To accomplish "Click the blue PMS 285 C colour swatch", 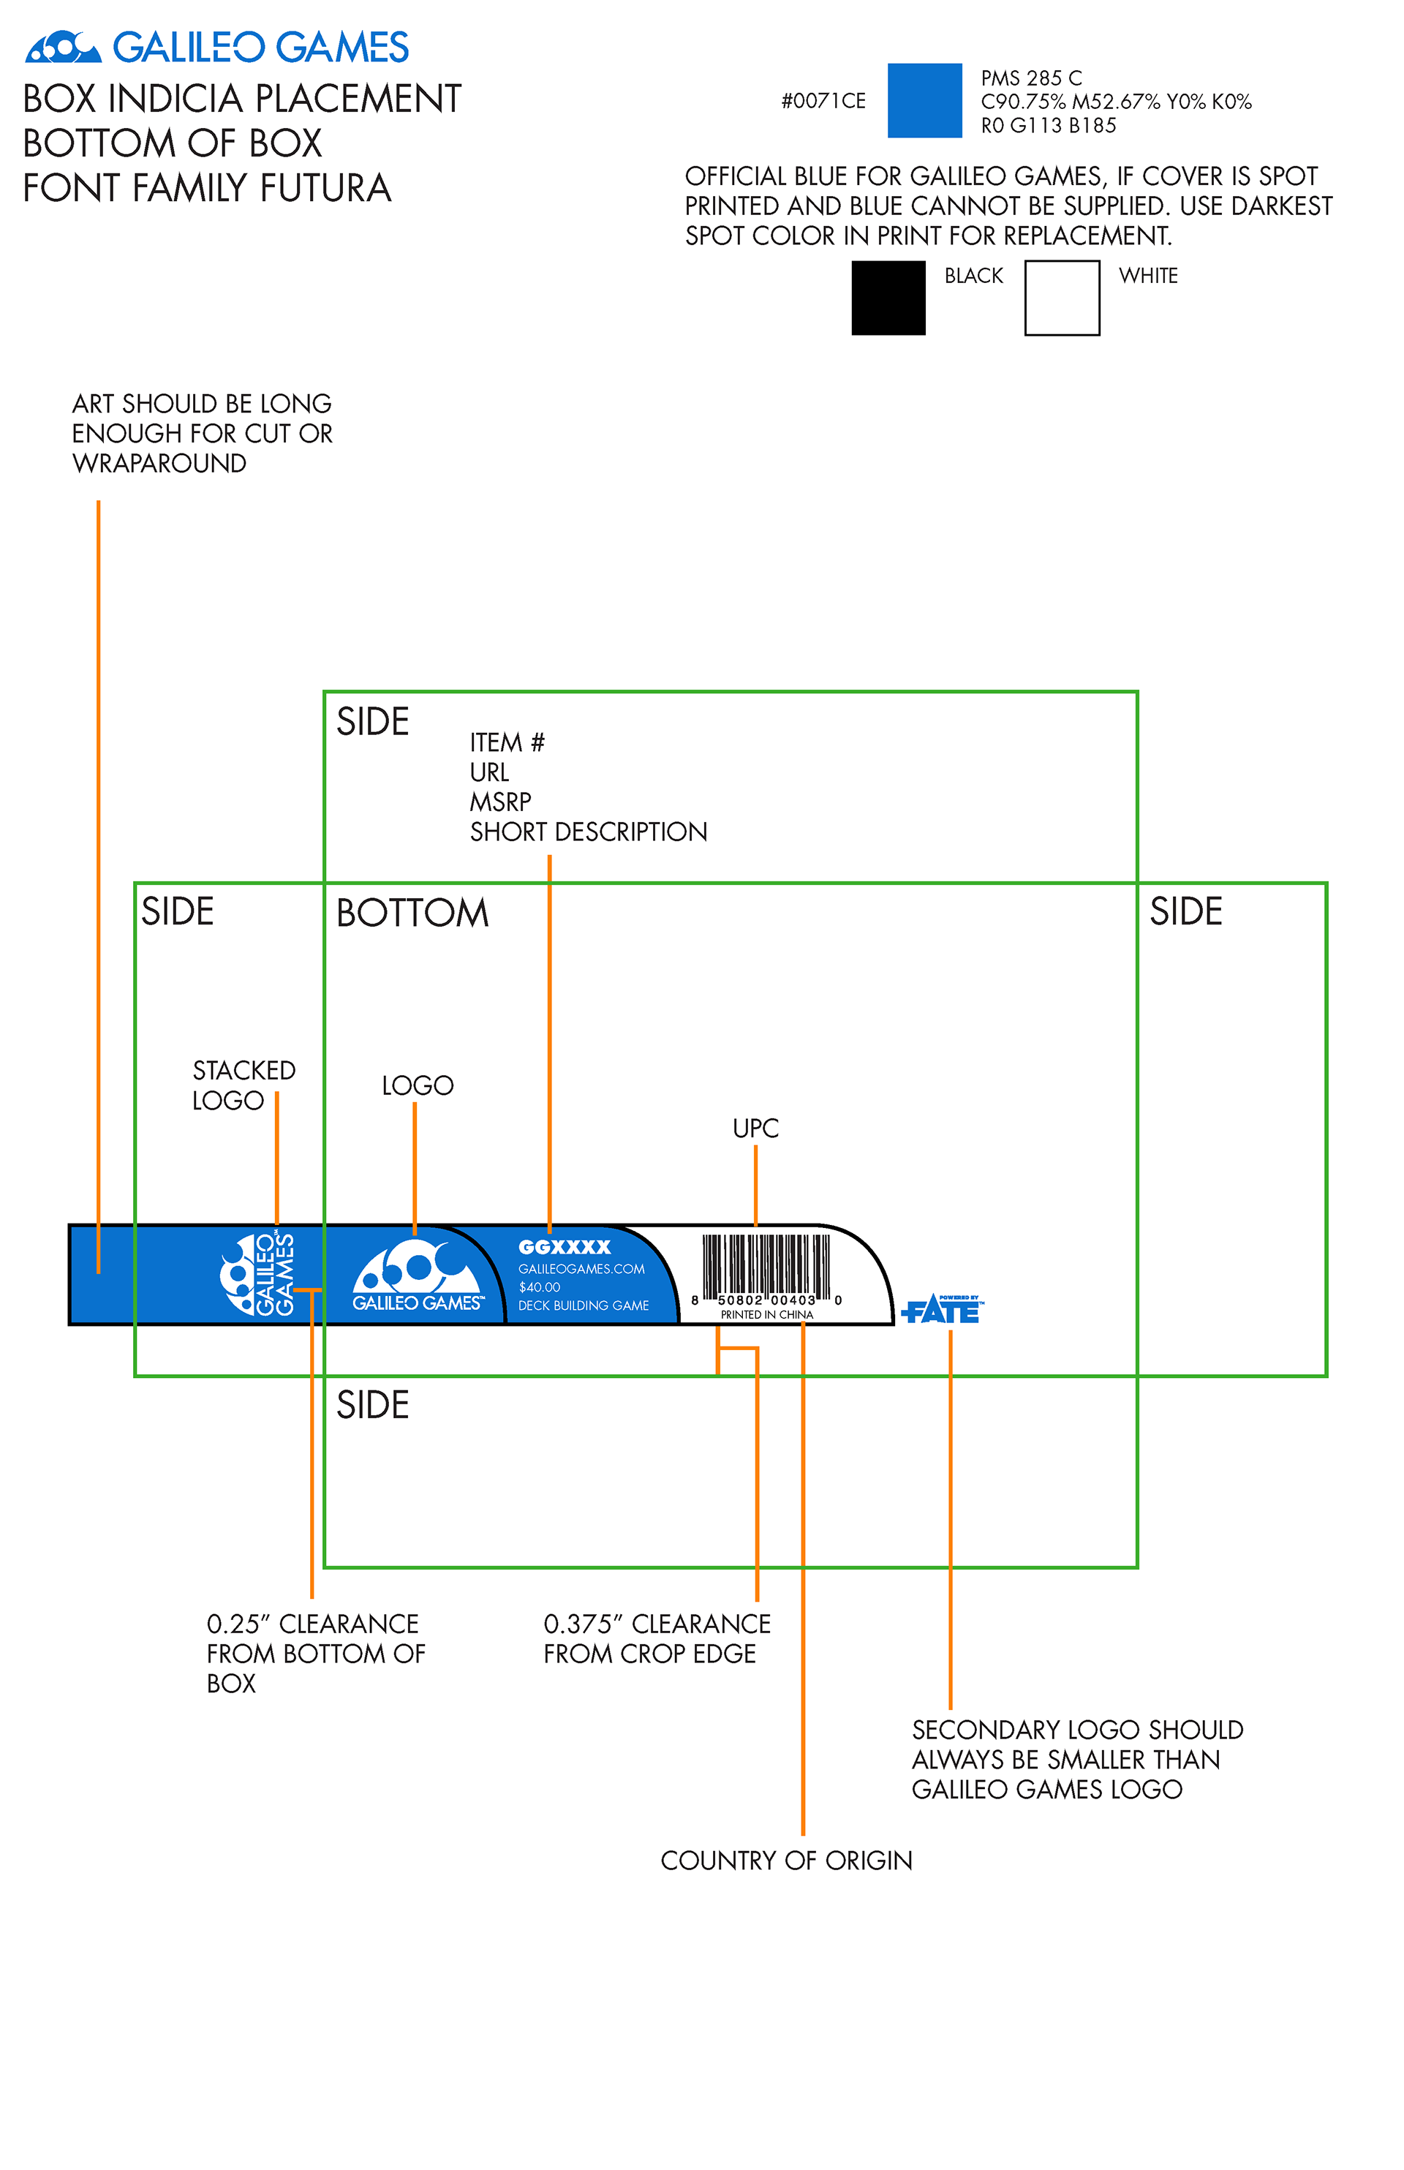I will [x=924, y=100].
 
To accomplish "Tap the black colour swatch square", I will [x=888, y=298].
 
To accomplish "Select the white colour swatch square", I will [x=1061, y=298].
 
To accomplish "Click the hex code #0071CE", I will [x=823, y=101].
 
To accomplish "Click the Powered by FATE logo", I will [x=942, y=1309].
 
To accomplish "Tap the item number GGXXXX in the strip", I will [x=565, y=1247].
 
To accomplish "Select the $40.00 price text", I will [x=540, y=1287].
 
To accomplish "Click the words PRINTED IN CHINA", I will [x=767, y=1315].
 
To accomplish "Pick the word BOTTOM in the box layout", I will [x=412, y=913].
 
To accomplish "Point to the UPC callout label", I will [x=756, y=1129].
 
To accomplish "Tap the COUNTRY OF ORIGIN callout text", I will [x=786, y=1860].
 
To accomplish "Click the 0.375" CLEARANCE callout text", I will [x=657, y=1638].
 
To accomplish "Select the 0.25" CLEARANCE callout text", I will [x=315, y=1653].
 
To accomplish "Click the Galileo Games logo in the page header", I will [x=217, y=48].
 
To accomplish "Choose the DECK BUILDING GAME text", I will [x=584, y=1306].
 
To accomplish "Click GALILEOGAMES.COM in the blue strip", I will [x=581, y=1269].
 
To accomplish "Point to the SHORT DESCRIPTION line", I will [x=588, y=832].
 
